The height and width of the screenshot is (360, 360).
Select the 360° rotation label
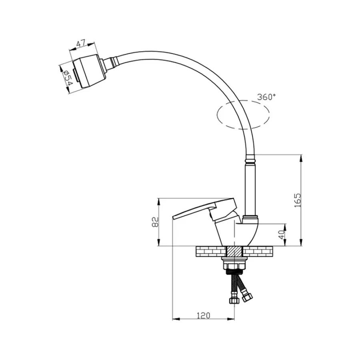click(x=266, y=97)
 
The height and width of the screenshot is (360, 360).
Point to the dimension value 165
click(x=298, y=200)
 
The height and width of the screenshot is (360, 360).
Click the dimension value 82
click(x=156, y=222)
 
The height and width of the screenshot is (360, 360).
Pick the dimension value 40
click(x=282, y=234)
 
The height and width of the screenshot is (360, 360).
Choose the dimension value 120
click(x=204, y=316)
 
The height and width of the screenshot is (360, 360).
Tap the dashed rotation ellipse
click(x=243, y=114)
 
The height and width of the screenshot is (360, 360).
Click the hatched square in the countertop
click(x=235, y=252)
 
